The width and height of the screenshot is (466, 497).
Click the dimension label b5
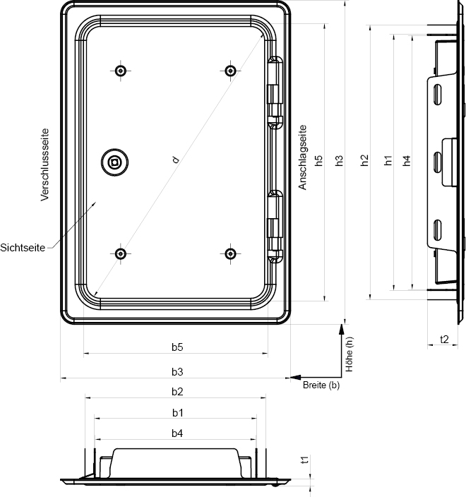click(177, 347)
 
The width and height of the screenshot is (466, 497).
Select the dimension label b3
click(177, 372)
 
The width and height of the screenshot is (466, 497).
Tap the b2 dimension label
click(177, 392)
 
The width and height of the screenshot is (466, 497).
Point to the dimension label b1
click(178, 413)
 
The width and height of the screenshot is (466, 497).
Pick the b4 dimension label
click(177, 433)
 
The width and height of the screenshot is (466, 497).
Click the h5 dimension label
click(318, 160)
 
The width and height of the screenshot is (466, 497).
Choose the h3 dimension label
click(339, 160)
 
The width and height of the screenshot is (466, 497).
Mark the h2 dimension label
click(364, 160)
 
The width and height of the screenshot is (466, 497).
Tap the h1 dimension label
click(388, 160)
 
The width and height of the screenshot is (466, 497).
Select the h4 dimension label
click(407, 160)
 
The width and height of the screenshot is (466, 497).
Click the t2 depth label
click(444, 339)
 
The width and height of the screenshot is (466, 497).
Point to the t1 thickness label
click(304, 460)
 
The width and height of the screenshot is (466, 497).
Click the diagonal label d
click(176, 160)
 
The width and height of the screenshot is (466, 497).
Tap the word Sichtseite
click(23, 248)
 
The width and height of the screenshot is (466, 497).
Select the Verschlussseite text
click(45, 164)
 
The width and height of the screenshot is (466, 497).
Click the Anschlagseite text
click(303, 157)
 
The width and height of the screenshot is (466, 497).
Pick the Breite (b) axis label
click(321, 385)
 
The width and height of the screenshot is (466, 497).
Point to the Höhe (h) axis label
click(349, 354)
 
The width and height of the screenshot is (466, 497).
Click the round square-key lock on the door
click(115, 162)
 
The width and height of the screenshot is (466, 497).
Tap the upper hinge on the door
click(275, 93)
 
